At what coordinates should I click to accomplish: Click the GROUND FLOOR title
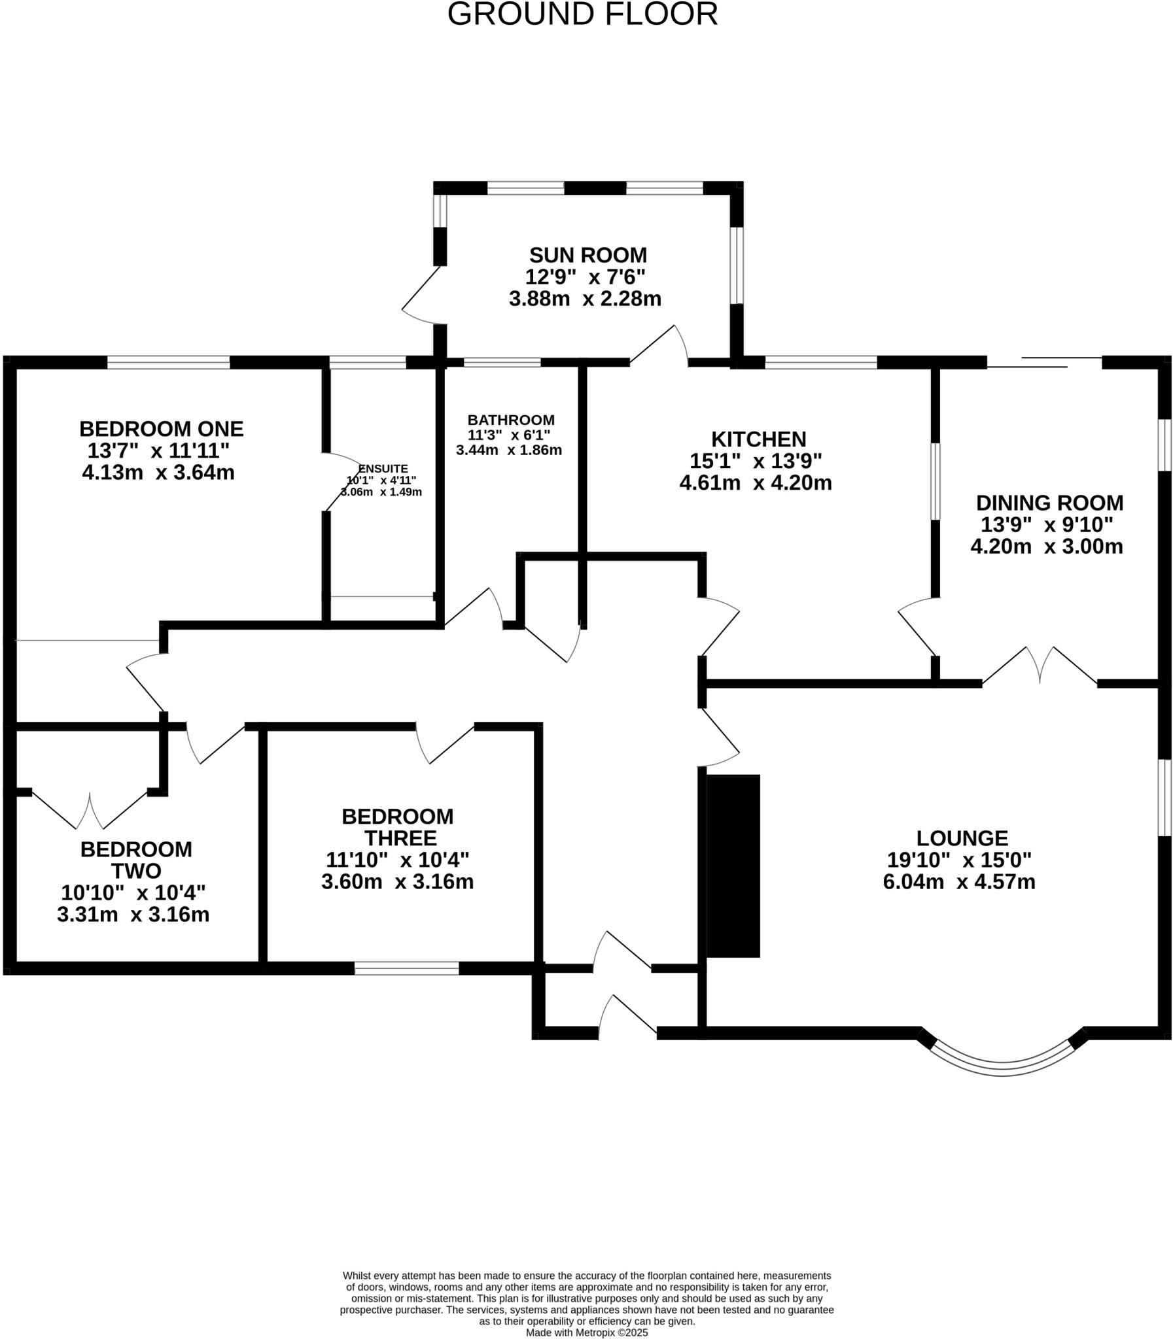(x=582, y=14)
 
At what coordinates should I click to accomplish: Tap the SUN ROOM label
(x=587, y=254)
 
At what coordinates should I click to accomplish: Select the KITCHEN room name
(x=758, y=438)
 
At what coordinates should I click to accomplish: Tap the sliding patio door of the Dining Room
(x=1044, y=362)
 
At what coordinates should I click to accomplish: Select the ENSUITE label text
(x=383, y=468)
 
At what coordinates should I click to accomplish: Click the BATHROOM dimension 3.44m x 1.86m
(x=508, y=450)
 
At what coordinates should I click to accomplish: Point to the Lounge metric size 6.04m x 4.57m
(x=958, y=882)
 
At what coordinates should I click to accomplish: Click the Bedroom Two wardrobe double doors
(x=90, y=811)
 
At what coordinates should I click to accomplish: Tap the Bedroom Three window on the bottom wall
(x=406, y=968)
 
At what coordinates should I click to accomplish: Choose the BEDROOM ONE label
(x=161, y=429)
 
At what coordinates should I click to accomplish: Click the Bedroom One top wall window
(x=168, y=362)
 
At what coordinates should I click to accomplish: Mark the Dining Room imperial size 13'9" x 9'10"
(x=1046, y=524)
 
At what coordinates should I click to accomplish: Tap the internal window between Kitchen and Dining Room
(x=935, y=481)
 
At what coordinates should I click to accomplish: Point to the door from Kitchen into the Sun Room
(x=658, y=345)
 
